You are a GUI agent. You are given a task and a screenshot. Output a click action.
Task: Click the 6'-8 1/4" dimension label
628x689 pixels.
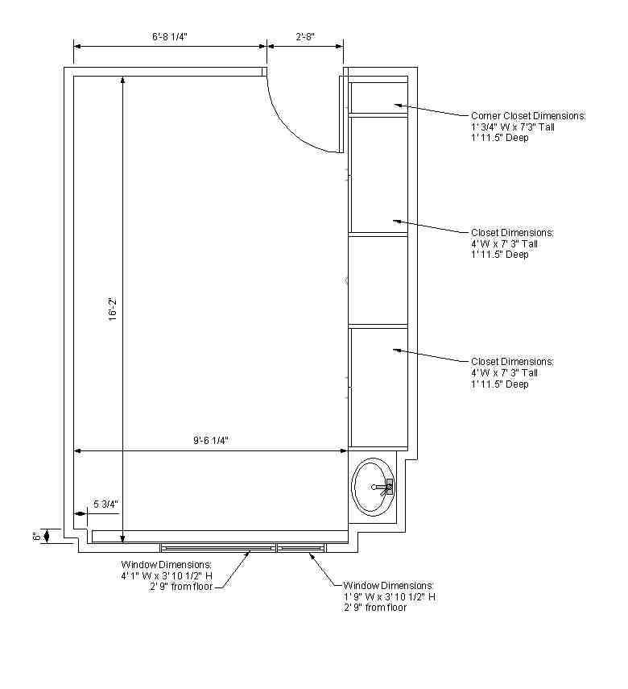tap(170, 37)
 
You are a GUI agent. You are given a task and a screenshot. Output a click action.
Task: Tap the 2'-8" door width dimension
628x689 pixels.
tap(305, 37)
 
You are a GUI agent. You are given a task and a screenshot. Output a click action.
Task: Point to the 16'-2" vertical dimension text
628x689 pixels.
tap(114, 309)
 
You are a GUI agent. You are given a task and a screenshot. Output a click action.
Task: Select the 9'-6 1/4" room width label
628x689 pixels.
tap(211, 440)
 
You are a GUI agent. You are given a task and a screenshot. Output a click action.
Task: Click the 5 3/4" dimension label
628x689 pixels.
tap(105, 504)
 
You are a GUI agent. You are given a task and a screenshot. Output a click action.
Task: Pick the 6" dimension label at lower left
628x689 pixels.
tap(37, 537)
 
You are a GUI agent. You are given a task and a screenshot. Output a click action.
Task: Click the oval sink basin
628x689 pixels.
tap(374, 487)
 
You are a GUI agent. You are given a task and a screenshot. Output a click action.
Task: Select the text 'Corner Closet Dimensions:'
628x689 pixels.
tap(528, 116)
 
